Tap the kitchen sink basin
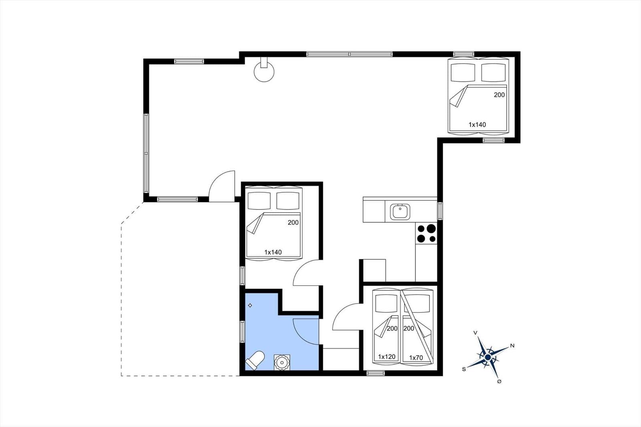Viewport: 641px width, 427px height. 400,212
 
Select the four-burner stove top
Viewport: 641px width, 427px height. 426,234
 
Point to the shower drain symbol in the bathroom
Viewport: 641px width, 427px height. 250,305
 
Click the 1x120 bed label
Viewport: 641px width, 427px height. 387,357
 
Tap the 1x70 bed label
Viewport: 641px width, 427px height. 416,357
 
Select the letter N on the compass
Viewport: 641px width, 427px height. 512,346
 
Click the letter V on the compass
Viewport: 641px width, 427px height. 475,332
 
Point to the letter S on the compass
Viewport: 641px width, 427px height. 464,369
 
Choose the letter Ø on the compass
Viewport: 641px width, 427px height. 499,381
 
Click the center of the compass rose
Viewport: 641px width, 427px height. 488,357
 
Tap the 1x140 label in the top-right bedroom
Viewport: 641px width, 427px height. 477,125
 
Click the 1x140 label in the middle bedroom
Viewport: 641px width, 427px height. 273,252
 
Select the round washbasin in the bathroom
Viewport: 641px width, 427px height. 282,363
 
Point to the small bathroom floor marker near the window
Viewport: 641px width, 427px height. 250,305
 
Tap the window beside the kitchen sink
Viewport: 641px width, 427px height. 440,211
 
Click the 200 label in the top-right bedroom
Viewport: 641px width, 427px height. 499,95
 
